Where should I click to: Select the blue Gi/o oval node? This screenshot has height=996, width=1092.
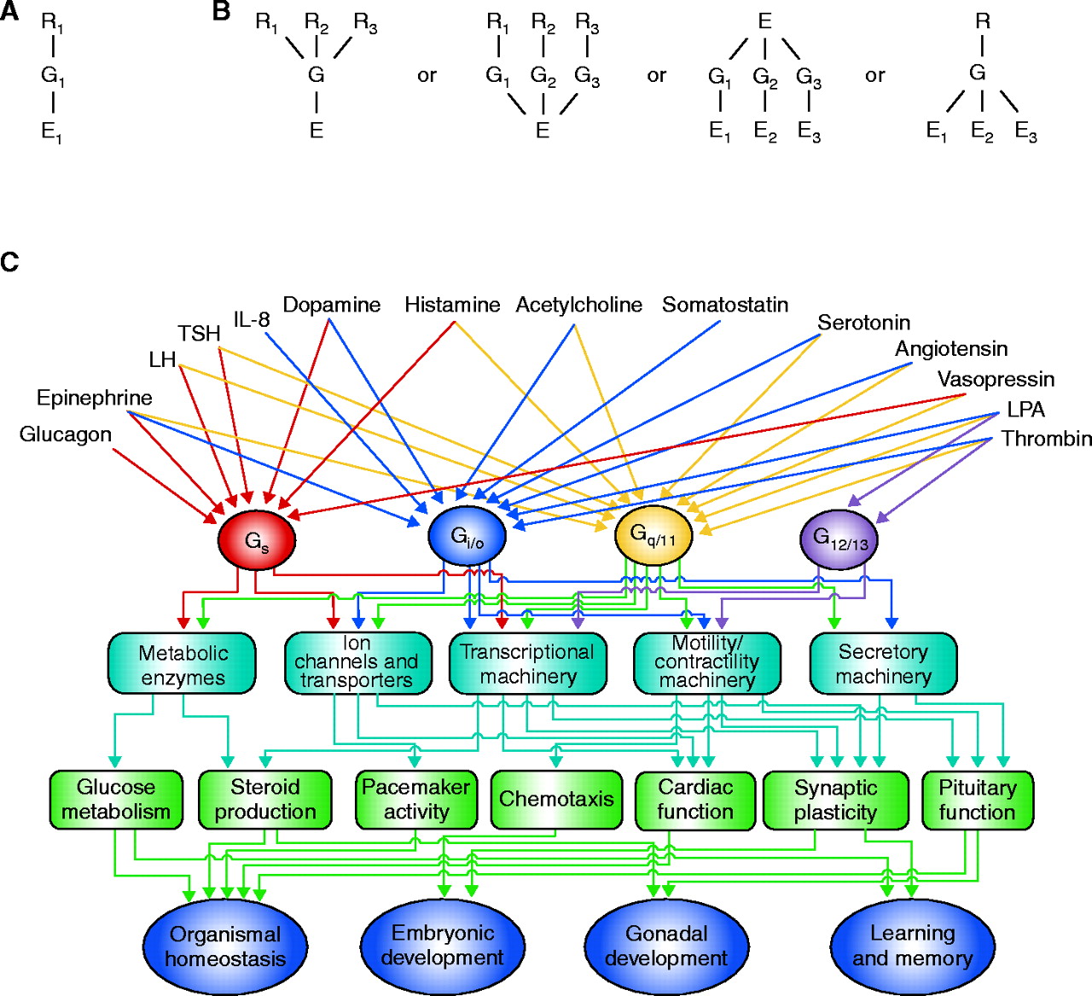click(x=467, y=536)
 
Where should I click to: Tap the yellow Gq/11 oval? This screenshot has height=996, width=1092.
click(x=653, y=536)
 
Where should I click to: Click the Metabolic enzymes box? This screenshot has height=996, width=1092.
click(x=183, y=664)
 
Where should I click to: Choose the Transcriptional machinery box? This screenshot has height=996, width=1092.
click(x=527, y=663)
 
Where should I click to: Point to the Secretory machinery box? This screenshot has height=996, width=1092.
click(x=883, y=663)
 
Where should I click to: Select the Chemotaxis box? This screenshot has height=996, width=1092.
click(x=555, y=799)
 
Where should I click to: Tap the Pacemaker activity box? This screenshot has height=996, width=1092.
click(x=415, y=799)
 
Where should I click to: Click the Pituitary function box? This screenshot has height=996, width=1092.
click(x=977, y=799)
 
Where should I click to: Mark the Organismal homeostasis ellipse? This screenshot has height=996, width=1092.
click(x=224, y=946)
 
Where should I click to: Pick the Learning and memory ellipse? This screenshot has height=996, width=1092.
click(x=912, y=946)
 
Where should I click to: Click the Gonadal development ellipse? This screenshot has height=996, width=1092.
click(x=665, y=946)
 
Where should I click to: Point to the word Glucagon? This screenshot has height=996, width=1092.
click(x=66, y=434)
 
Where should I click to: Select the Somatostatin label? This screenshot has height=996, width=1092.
click(x=725, y=305)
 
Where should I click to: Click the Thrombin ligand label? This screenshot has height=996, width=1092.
click(x=1046, y=439)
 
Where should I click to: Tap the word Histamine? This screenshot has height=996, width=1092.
click(x=452, y=305)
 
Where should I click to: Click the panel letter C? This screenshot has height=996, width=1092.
click(x=9, y=261)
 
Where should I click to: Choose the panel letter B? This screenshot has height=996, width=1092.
click(x=221, y=12)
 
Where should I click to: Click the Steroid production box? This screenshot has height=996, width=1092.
click(x=264, y=799)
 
